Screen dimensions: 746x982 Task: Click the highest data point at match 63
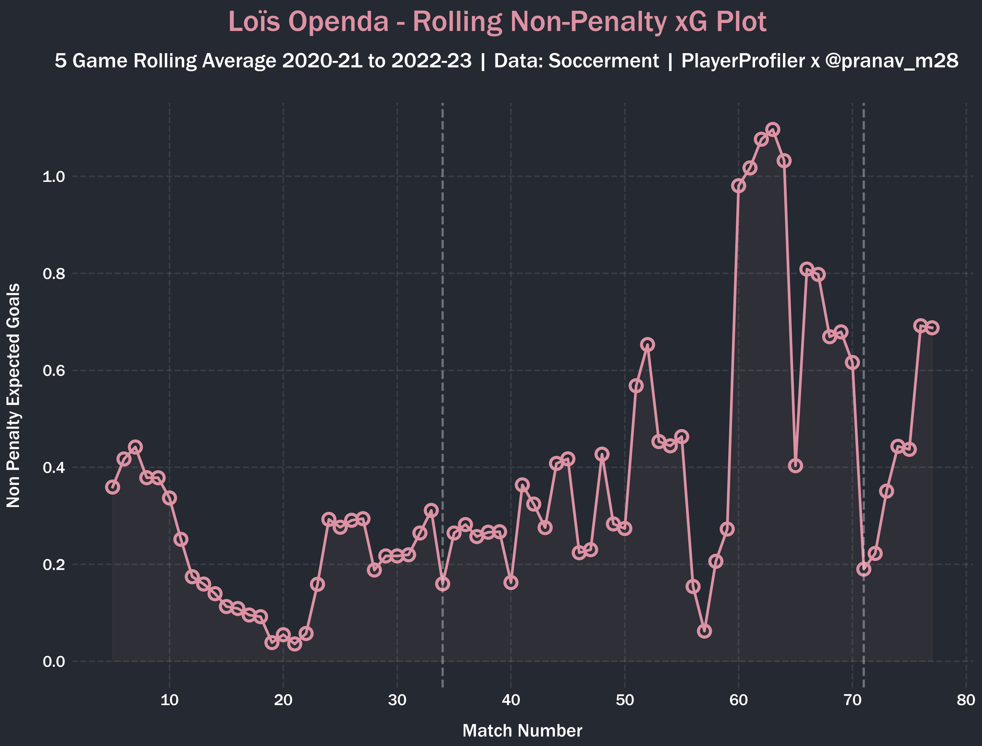(x=773, y=130)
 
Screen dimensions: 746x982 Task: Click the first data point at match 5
(x=112, y=487)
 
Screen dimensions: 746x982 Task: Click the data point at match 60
(x=739, y=186)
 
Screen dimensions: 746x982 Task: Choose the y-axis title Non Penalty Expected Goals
(x=13, y=395)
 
